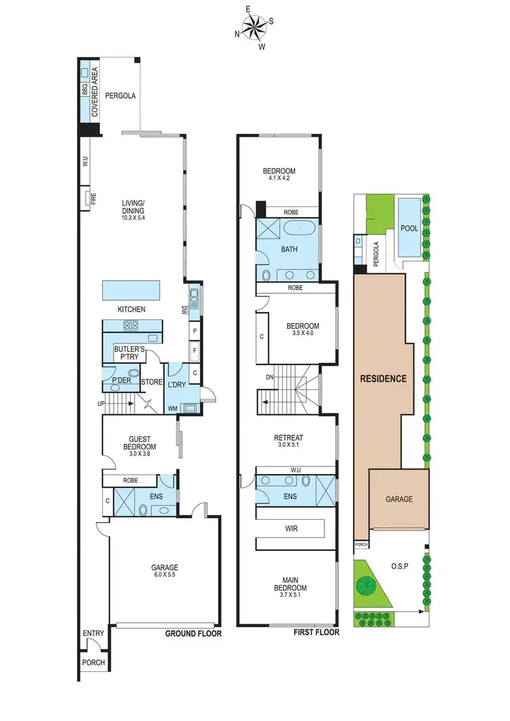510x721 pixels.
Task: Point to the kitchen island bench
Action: coord(131,290)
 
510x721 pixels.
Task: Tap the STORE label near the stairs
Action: coord(152,382)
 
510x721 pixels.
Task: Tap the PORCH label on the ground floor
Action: coord(93,663)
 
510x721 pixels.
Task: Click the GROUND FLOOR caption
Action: coord(193,633)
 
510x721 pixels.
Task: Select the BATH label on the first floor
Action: coord(290,250)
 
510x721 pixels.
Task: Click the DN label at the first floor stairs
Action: coord(269,378)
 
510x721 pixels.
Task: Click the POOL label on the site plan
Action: coord(409,229)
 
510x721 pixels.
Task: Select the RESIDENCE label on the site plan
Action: coord(383,378)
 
